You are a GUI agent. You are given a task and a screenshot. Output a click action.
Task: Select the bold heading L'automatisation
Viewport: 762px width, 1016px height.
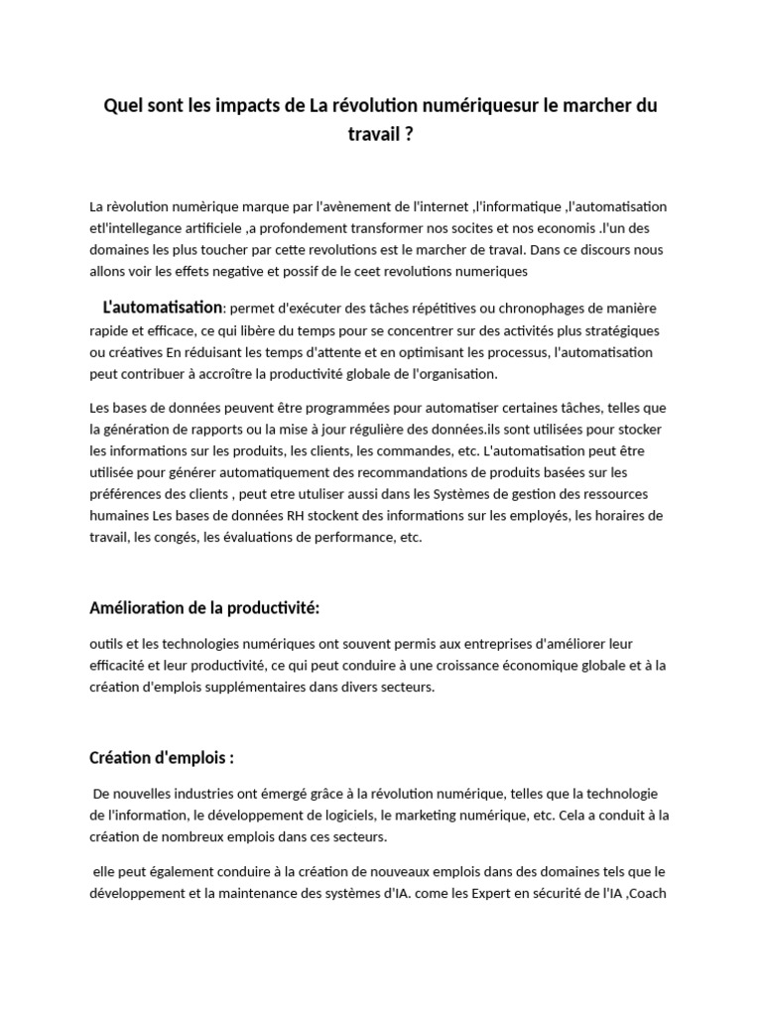[163, 309]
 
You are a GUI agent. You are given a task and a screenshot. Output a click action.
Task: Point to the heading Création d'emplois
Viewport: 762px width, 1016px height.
[162, 758]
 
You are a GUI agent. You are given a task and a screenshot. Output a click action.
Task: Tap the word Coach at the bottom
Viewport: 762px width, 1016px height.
[652, 893]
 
